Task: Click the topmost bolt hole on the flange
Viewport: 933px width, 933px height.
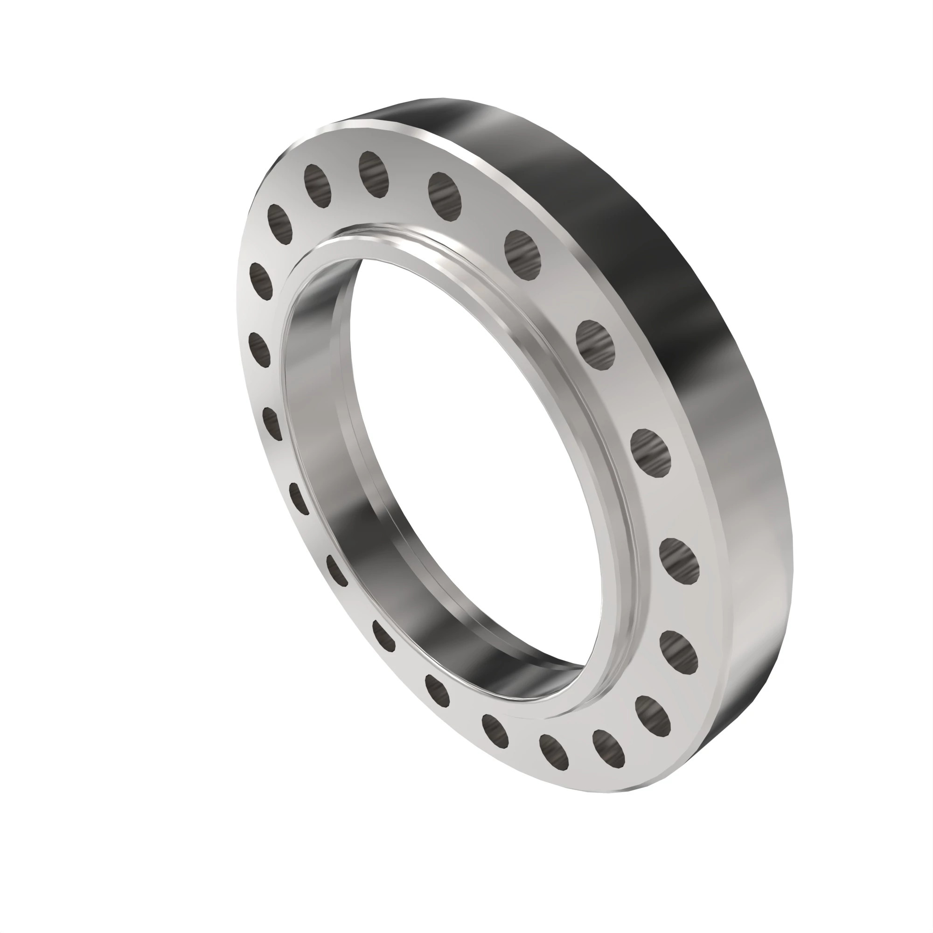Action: pyautogui.click(x=373, y=174)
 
